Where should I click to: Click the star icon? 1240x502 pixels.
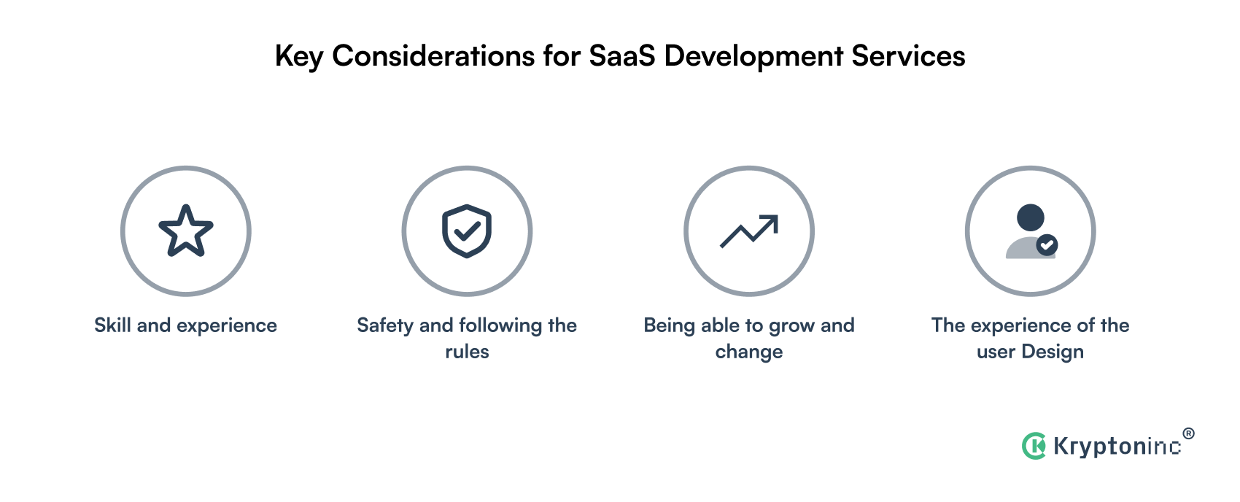186,231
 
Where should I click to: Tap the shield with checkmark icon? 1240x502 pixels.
467,231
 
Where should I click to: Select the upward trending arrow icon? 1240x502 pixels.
748,231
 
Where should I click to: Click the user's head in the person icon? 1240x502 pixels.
1030,217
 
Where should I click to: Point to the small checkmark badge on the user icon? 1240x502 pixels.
1047,245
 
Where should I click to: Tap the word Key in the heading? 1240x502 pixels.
299,56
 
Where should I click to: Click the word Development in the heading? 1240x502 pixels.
753,56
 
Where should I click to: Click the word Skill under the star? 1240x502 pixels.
112,325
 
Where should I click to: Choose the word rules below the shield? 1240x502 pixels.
467,352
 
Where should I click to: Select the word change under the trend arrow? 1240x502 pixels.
748,352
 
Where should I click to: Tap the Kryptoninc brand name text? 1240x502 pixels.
1117,446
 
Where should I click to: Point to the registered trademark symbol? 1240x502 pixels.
1188,433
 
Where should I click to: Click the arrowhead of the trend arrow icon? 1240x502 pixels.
772,221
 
